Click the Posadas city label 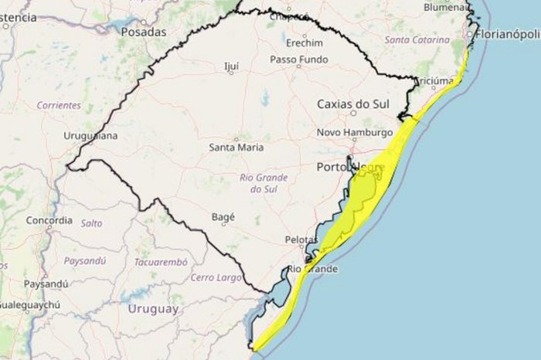point(144,32)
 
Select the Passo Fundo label point(297,59)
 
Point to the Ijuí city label point(231,67)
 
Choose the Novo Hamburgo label point(355,133)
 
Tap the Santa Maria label point(236,147)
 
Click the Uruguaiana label point(91,136)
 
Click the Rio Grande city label point(313,269)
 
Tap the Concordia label point(49,220)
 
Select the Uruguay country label point(153,309)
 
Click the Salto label point(91,222)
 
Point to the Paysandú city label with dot point(46,284)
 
